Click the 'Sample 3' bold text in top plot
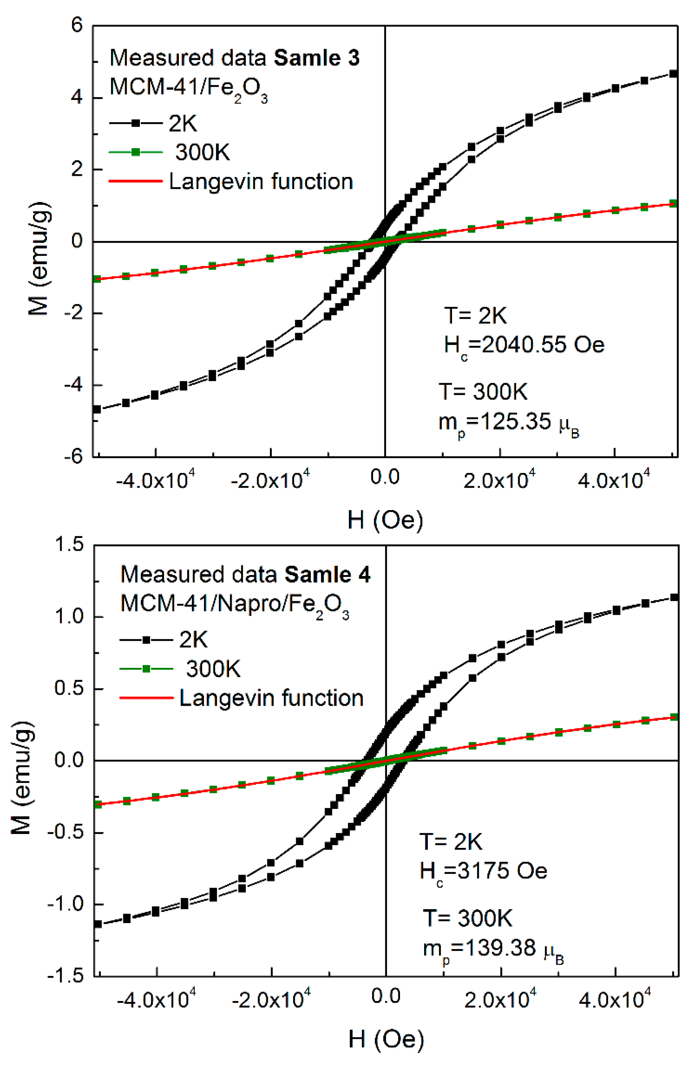pos(316,58)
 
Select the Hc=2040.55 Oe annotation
pos(524,345)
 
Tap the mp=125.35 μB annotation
pos(508,422)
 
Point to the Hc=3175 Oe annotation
pos(484,871)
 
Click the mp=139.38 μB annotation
pos(493,948)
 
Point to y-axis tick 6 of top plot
pos(77,26)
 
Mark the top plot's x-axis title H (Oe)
pos(385,520)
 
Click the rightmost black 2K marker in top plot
pos(673,74)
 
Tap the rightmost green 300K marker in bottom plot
pos(674,717)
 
